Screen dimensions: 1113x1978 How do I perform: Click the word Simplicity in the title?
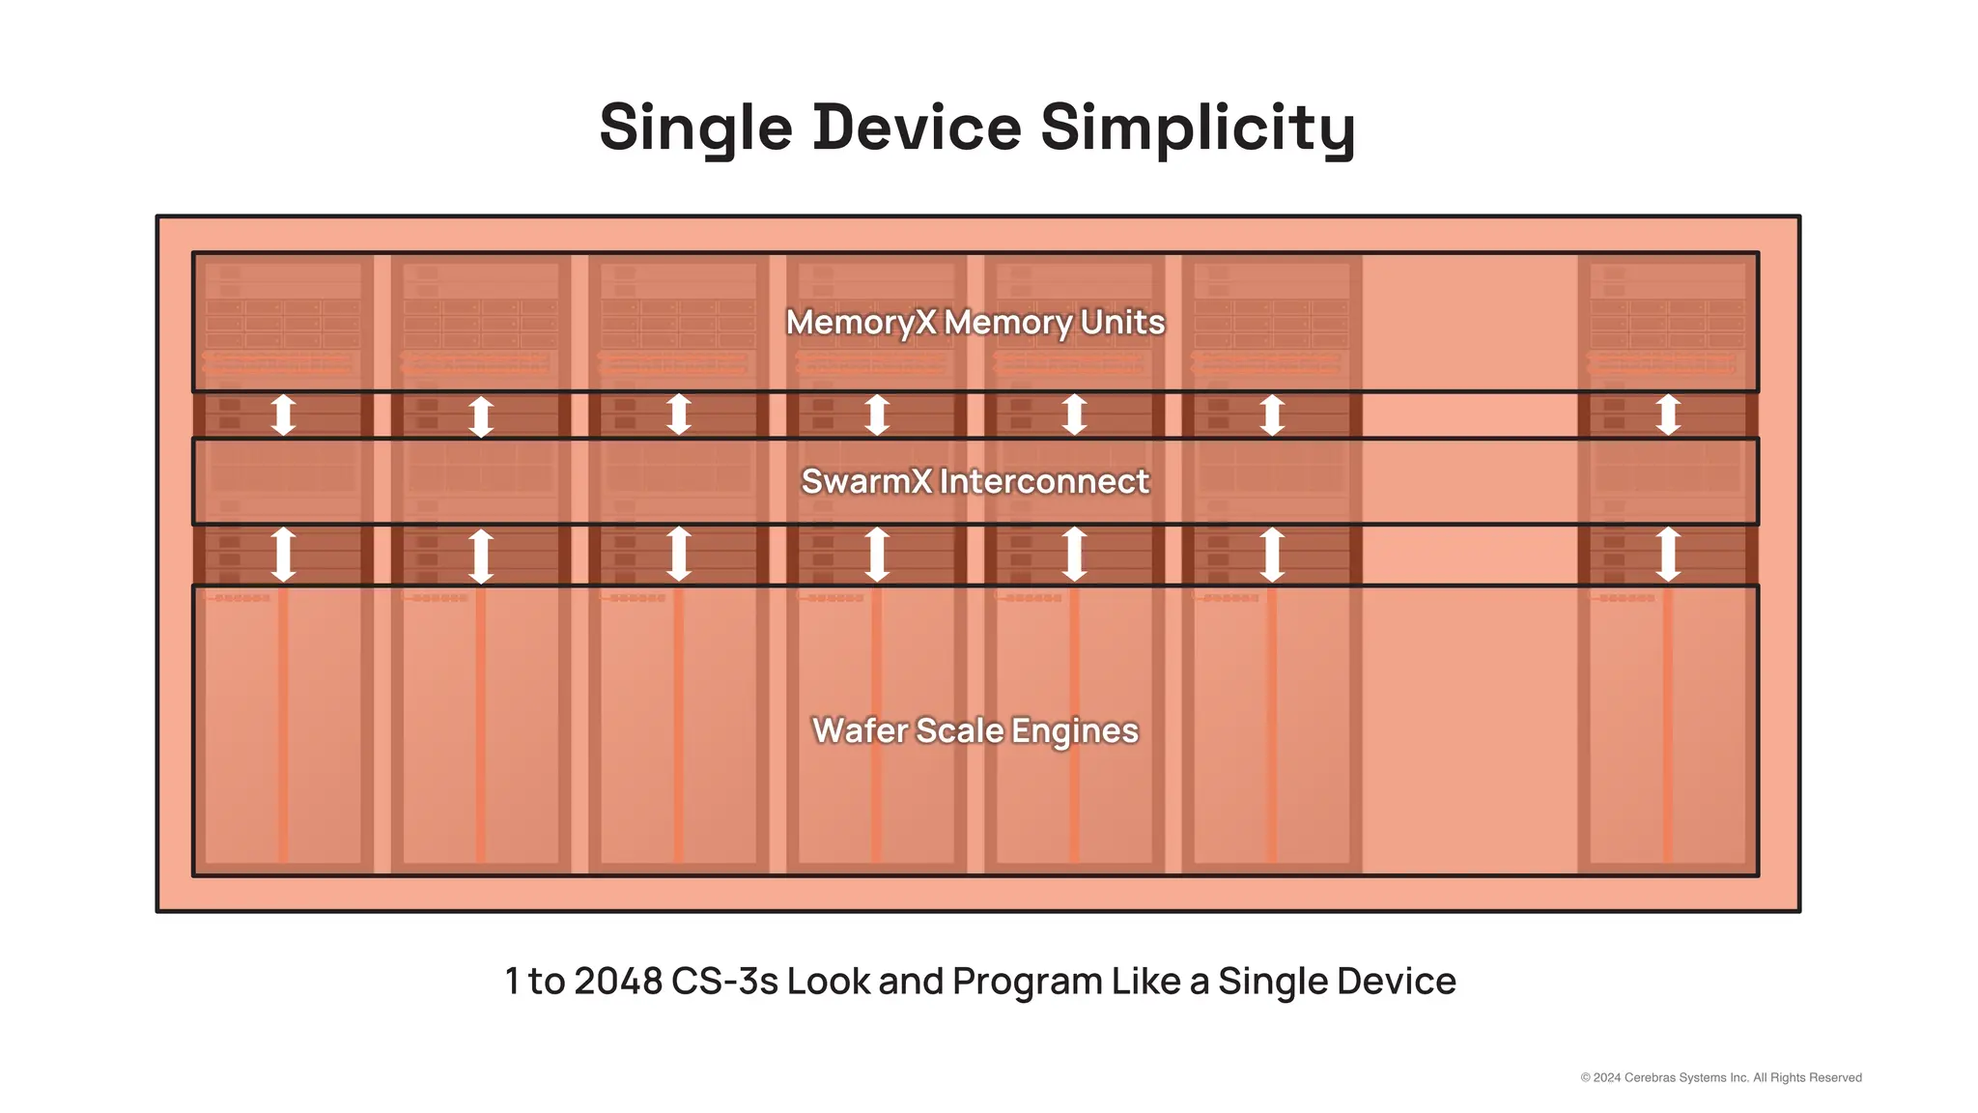coord(1198,128)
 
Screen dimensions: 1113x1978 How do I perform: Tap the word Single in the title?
coord(695,128)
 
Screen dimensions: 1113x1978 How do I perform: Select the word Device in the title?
coord(918,128)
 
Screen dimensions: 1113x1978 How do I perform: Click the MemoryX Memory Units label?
coord(975,322)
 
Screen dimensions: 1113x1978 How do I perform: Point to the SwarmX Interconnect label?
coord(975,481)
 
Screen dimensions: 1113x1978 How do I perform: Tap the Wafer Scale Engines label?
coord(975,730)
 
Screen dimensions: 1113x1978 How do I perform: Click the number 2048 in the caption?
coord(618,982)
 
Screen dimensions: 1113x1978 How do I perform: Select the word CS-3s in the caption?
coord(724,982)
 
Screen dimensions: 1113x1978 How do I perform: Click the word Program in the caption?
coord(1028,982)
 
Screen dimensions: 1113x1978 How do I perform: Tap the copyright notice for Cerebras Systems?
coord(1721,1077)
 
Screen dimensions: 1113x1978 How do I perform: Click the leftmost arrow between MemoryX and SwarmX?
coord(283,414)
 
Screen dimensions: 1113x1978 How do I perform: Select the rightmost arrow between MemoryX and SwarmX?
coord(1668,414)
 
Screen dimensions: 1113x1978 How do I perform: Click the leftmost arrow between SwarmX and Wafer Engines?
coord(283,555)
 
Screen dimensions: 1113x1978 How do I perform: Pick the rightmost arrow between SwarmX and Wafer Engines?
coord(1668,555)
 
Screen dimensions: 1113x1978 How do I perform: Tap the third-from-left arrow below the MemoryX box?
coord(679,414)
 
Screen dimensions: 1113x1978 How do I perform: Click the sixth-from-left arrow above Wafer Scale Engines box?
coord(1272,555)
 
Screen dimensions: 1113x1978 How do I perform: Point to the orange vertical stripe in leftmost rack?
coord(283,725)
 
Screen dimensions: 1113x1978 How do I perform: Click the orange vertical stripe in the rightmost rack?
coord(1668,725)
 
